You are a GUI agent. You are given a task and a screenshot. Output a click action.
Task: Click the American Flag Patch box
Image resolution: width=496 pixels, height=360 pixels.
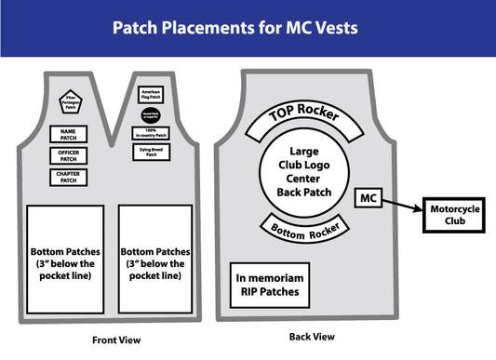(150, 94)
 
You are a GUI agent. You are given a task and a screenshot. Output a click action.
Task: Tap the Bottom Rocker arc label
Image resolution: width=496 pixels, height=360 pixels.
(305, 226)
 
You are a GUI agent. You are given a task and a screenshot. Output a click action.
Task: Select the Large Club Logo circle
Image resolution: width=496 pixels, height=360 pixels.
(304, 172)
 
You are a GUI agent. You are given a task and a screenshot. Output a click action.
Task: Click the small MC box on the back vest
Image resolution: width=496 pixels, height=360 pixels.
(368, 198)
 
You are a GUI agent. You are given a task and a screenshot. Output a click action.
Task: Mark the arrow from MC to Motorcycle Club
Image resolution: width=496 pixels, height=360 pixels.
(401, 207)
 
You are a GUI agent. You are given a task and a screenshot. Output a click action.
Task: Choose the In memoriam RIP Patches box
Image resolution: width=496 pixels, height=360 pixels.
(269, 284)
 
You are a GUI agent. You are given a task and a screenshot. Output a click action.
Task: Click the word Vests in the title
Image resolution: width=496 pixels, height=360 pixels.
(333, 28)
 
